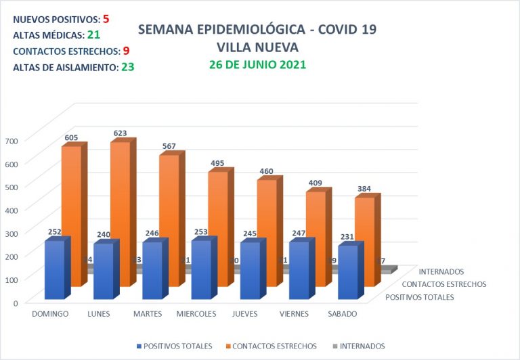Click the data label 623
121,133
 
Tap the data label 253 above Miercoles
201,231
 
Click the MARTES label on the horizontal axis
147,314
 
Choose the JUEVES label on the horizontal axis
244,314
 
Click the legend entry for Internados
359,346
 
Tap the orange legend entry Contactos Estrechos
274,346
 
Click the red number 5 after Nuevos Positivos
106,19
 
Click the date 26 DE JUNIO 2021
257,65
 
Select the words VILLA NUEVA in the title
257,47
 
